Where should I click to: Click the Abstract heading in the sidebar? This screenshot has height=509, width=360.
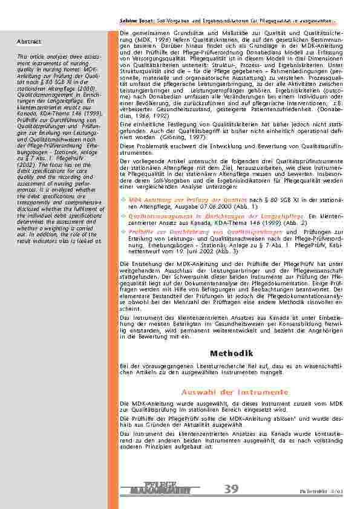click(29, 42)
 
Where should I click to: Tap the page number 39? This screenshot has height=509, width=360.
click(231, 488)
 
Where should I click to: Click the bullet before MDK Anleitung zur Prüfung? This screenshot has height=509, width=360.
click(123, 199)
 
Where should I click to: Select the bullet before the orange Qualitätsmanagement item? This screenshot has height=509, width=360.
click(123, 216)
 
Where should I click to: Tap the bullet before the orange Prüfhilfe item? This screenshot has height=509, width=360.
click(123, 232)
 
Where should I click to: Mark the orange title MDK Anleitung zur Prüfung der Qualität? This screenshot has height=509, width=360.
click(179, 199)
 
